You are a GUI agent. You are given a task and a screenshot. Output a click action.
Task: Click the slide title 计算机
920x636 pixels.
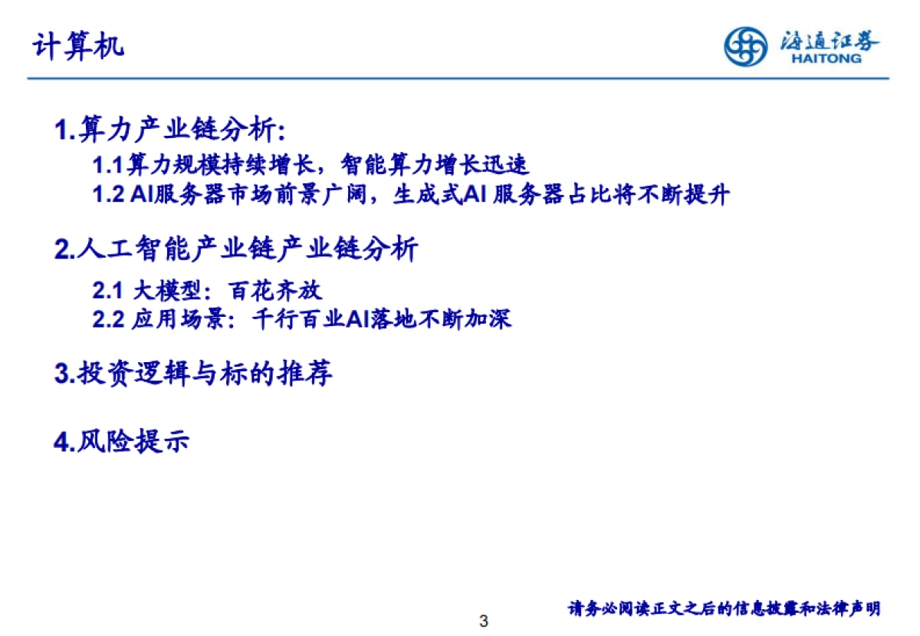coord(77,47)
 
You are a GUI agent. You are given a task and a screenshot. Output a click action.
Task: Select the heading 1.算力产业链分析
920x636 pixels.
coord(169,130)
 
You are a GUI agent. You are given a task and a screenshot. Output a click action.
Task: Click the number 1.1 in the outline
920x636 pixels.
coord(108,165)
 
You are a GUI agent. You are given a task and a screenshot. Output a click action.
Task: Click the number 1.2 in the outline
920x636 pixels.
coord(108,195)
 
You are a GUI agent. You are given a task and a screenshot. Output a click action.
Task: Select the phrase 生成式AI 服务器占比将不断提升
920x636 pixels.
coord(560,195)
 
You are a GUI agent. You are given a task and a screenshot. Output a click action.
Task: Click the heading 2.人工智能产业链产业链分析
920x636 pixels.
coord(236,250)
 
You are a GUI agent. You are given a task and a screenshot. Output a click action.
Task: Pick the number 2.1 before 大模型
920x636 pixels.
coord(108,291)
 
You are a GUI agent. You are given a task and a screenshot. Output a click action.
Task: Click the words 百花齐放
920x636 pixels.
coord(275,291)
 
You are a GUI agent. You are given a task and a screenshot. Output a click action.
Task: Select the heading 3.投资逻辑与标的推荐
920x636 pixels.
coord(193,375)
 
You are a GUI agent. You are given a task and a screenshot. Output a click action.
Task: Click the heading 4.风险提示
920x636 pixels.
coord(122,442)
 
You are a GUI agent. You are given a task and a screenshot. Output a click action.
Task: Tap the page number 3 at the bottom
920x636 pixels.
coord(483,620)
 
